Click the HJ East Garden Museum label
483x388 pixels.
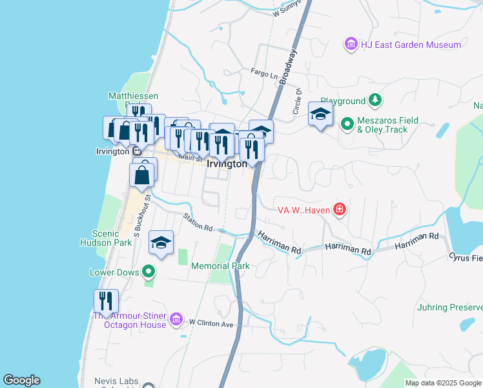411,45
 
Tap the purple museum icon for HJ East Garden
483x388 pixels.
351,45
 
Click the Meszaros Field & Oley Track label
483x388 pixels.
388,125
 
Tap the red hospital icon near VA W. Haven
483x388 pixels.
339,209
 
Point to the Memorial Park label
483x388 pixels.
220,266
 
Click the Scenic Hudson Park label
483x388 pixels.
112,239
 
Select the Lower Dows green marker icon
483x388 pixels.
149,272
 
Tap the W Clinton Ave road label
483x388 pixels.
211,322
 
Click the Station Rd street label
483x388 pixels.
198,223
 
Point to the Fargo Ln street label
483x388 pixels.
263,74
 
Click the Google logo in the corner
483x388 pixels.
21,380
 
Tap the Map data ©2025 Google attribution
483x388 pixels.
442,383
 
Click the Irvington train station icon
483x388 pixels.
137,151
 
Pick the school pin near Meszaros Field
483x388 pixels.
320,114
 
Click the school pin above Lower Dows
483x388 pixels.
161,242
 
